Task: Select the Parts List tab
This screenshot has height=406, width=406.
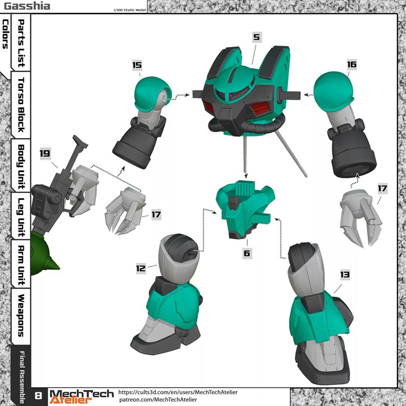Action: point(21,43)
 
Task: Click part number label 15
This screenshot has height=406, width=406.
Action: point(137,65)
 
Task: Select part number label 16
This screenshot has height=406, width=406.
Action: point(351,64)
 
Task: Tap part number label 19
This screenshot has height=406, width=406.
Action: point(45,153)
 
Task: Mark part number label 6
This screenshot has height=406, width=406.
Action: point(247,253)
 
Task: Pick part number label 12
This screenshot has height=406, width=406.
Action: point(141,267)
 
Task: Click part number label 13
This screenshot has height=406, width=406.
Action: point(344,275)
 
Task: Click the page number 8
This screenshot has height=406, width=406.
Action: point(39,396)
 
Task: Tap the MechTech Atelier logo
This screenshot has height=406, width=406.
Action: point(82,396)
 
